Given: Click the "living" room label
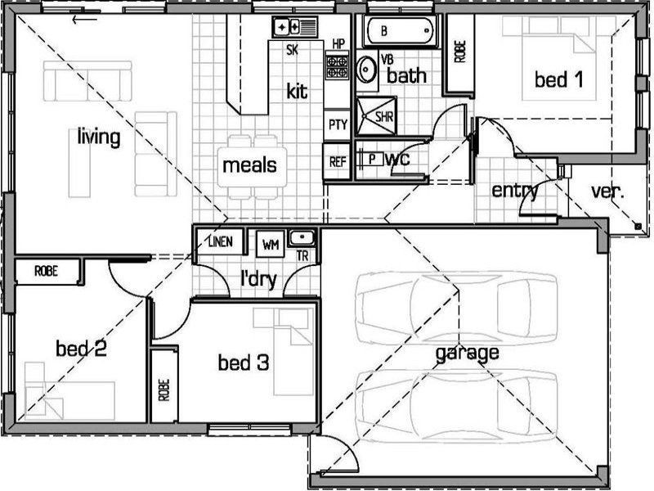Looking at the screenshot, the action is [x=99, y=137].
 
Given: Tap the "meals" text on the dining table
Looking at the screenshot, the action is [x=249, y=165].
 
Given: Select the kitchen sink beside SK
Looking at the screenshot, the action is [x=295, y=28].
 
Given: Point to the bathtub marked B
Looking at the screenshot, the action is [x=400, y=31].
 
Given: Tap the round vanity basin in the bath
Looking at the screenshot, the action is [x=366, y=69].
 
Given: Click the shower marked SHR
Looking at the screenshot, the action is [x=376, y=116].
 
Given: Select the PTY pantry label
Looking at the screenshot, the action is [x=338, y=124].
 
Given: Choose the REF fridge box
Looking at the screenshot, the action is [x=337, y=161].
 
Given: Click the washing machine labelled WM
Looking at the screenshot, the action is [x=271, y=244].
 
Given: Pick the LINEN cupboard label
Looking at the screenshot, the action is [x=220, y=241].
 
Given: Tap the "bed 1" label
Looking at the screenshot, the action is [x=558, y=79].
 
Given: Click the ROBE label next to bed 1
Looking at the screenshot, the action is [x=459, y=52].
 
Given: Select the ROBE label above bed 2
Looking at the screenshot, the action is [x=46, y=272].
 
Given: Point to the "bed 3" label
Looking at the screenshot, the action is [x=244, y=363].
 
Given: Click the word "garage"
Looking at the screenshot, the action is [x=467, y=354].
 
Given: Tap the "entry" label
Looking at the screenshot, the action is [x=515, y=191].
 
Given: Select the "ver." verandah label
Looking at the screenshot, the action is [x=607, y=191].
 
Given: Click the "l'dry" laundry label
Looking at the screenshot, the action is [x=258, y=279].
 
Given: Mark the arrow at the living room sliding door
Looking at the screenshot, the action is [x=85, y=19].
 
